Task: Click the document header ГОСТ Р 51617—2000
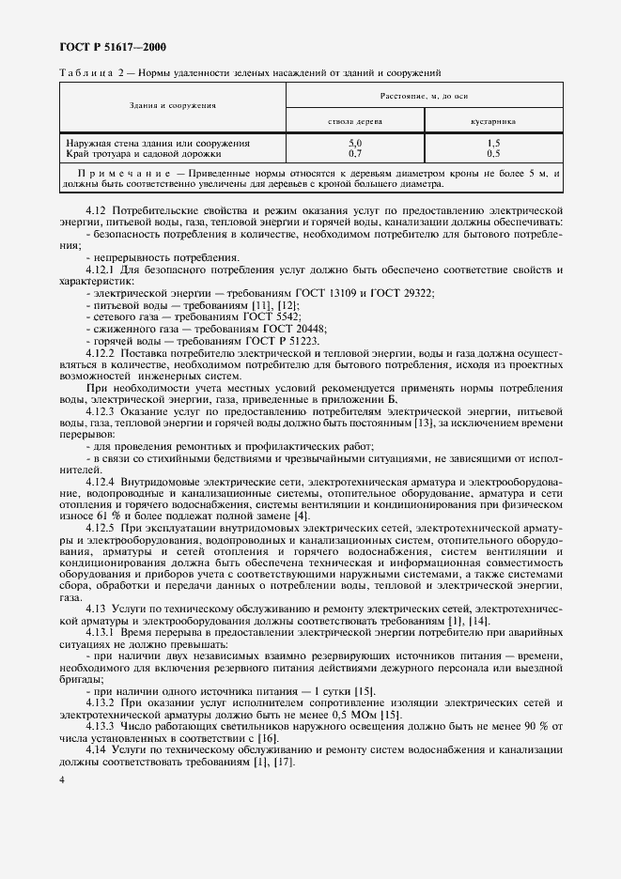click(106, 46)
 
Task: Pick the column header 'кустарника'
click(493, 121)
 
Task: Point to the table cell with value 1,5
click(493, 143)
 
